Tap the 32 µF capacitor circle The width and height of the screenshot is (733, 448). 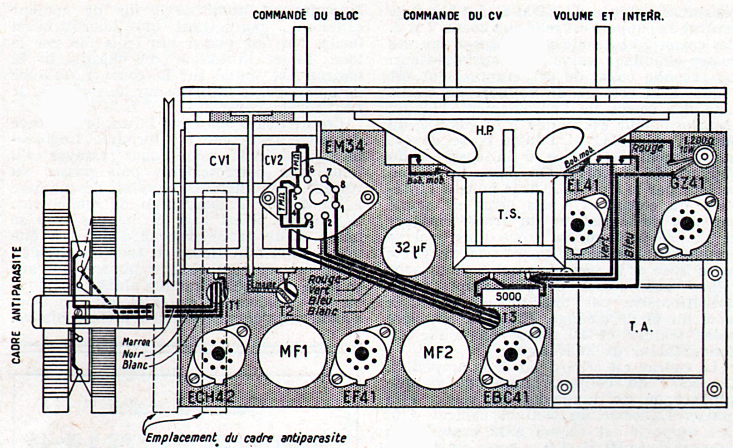(x=408, y=248)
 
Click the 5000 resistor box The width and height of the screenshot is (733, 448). (x=508, y=297)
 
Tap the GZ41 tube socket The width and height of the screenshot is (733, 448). (x=687, y=223)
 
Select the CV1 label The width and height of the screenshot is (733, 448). (x=220, y=161)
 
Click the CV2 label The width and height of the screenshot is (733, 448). (x=274, y=161)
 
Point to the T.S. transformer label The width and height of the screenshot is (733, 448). (x=509, y=214)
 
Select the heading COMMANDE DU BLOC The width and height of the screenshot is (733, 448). (x=305, y=15)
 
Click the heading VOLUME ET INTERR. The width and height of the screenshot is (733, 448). (x=609, y=16)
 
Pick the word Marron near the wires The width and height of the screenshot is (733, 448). (x=136, y=342)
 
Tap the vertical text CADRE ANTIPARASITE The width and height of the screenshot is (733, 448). (x=16, y=305)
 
